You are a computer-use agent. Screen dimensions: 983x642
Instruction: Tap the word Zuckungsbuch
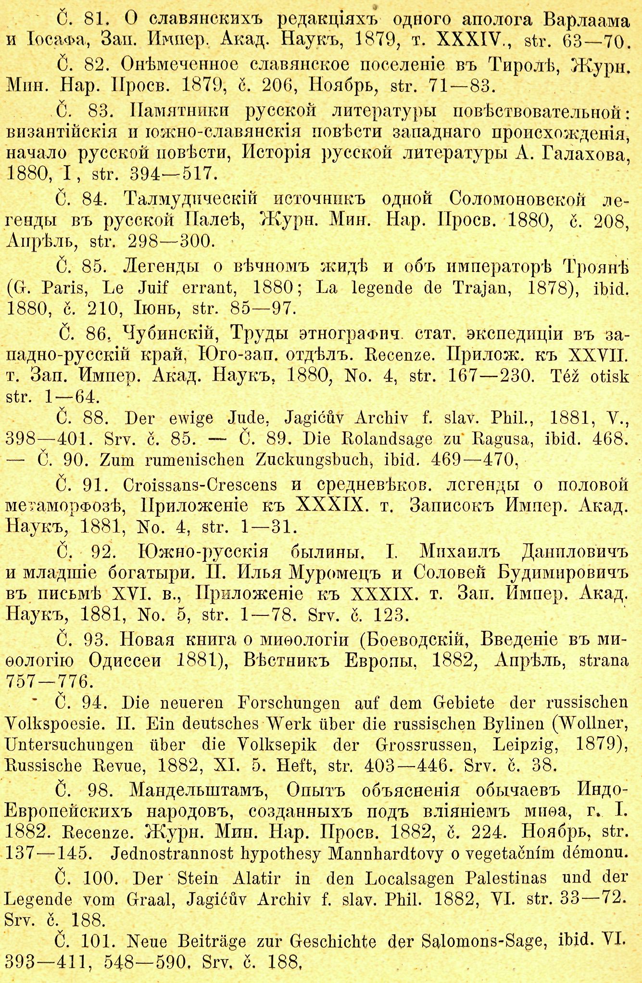click(x=315, y=460)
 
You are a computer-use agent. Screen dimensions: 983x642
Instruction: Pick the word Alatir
click(x=256, y=878)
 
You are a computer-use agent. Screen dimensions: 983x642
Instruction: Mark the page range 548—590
click(x=145, y=961)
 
